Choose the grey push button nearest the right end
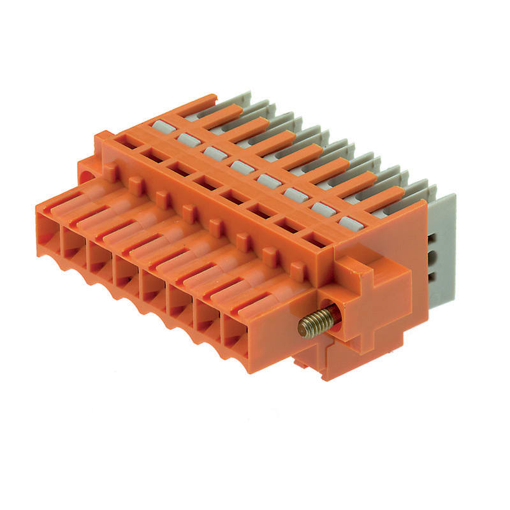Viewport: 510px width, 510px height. coord(349,222)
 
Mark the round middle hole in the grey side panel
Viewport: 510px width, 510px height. coord(437,258)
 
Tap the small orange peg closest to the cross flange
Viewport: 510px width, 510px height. coord(296,270)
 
